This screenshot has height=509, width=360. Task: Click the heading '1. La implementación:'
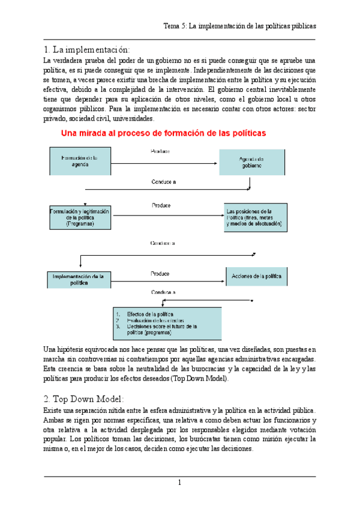(86, 49)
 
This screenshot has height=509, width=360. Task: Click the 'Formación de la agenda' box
(79, 161)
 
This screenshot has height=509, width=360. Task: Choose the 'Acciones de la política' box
(256, 276)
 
